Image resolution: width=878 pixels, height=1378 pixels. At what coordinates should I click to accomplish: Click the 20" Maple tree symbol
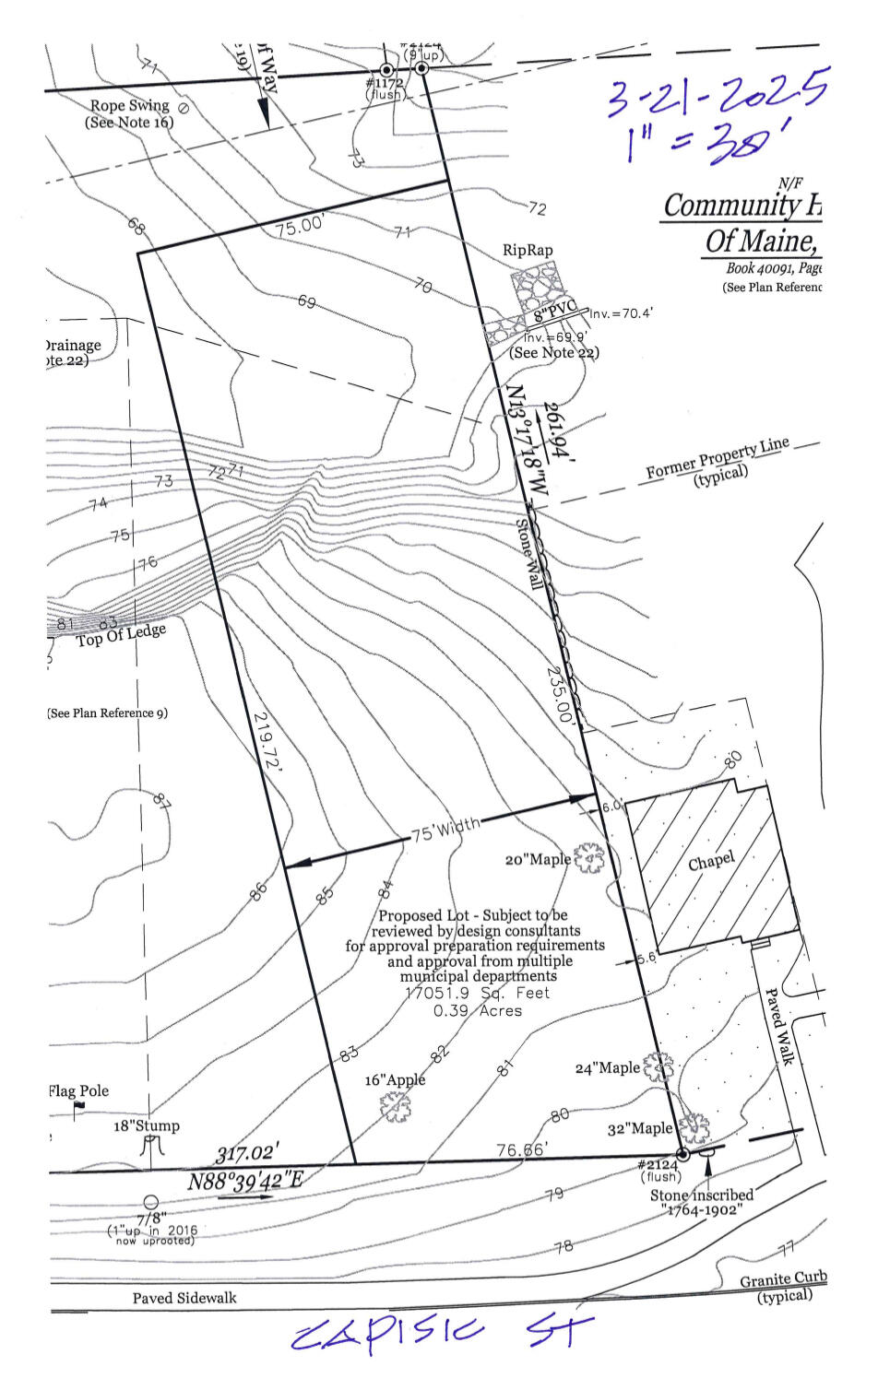click(x=588, y=858)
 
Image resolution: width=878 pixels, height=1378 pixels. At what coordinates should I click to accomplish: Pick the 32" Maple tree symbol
click(x=694, y=1126)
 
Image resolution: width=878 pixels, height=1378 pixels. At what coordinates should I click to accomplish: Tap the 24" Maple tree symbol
click(x=658, y=1067)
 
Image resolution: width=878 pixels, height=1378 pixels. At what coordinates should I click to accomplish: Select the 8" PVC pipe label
click(x=555, y=316)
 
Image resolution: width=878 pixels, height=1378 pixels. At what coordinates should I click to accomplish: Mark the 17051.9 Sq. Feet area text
click(x=477, y=993)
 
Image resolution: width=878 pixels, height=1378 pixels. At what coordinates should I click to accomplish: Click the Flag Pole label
click(x=78, y=1091)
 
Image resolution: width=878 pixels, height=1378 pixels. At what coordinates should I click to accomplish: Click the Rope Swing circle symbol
click(x=183, y=108)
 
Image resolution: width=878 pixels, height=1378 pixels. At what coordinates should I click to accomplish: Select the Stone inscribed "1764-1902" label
click(x=702, y=1202)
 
